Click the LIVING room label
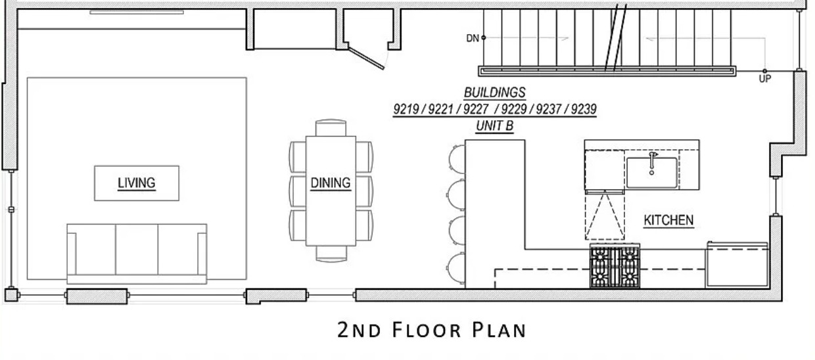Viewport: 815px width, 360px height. pos(137,183)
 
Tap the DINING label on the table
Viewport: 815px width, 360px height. pos(331,183)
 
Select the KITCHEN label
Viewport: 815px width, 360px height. pos(668,220)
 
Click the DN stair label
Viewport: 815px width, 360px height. pos(473,38)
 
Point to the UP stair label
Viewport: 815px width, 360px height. pos(764,79)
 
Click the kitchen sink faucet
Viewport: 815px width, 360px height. pos(653,162)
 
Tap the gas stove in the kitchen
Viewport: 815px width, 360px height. pos(615,267)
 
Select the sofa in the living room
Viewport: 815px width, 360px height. pos(137,254)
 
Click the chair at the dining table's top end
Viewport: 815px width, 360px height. pos(331,127)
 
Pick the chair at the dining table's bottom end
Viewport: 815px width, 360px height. pos(331,254)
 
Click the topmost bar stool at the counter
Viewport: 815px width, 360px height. pos(457,159)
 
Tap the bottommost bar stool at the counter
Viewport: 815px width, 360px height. pos(456,267)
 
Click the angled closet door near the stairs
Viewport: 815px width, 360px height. pos(365,56)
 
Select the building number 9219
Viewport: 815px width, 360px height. pos(406,109)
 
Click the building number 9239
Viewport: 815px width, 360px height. pos(584,109)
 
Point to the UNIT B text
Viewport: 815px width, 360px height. pos(494,126)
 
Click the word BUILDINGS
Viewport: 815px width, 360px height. pos(495,93)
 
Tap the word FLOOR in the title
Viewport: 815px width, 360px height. pos(427,330)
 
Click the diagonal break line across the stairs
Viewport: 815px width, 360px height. pos(616,37)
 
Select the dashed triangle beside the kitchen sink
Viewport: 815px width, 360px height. pos(605,216)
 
